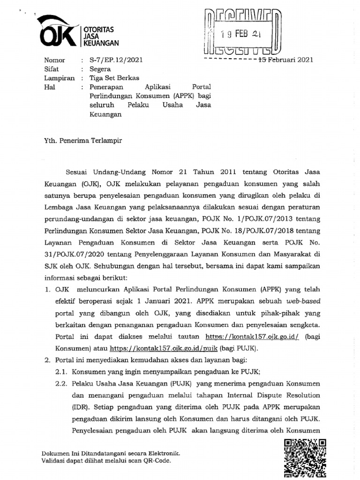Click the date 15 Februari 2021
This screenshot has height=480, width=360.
[283, 60]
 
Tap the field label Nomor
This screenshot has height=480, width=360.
[55, 60]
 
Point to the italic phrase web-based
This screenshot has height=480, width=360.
[293, 301]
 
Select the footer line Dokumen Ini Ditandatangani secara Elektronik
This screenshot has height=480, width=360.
[111, 454]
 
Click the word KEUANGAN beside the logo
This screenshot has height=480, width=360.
[101, 43]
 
